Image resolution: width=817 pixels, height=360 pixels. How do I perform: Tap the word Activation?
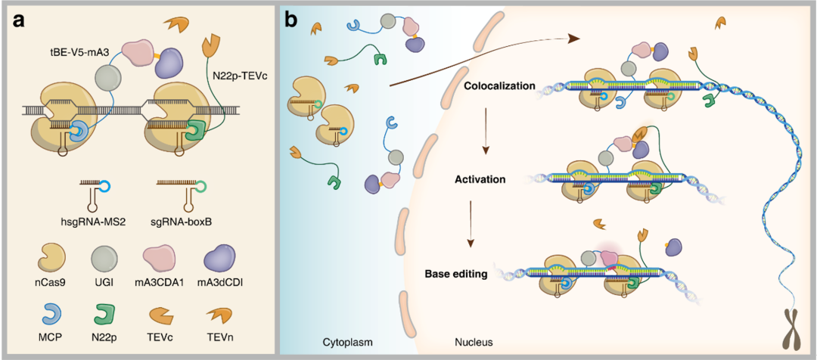480,179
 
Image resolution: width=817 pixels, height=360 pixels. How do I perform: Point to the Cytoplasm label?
347,342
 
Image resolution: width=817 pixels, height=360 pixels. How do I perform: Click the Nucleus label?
474,342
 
